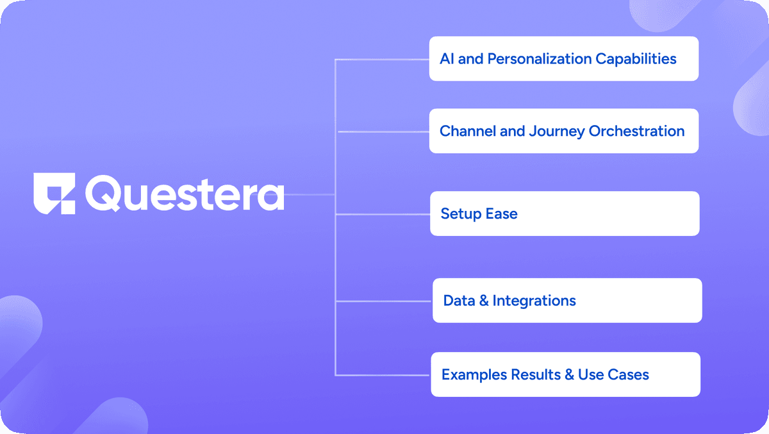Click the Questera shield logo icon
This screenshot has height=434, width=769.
(54, 194)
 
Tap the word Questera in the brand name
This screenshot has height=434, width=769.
(185, 194)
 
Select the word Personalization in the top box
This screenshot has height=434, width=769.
(539, 59)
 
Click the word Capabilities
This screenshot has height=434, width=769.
(636, 59)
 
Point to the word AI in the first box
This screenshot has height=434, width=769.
(447, 59)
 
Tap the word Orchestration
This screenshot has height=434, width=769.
(637, 131)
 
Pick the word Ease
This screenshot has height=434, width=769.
(502, 213)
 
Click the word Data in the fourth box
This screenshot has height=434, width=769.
(459, 301)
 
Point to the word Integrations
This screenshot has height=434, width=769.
(534, 301)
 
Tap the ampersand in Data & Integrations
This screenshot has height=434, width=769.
(484, 301)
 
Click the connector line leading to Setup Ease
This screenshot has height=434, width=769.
(383, 214)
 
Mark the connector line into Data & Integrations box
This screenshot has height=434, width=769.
(384, 301)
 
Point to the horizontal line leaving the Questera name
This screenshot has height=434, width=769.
(310, 194)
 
